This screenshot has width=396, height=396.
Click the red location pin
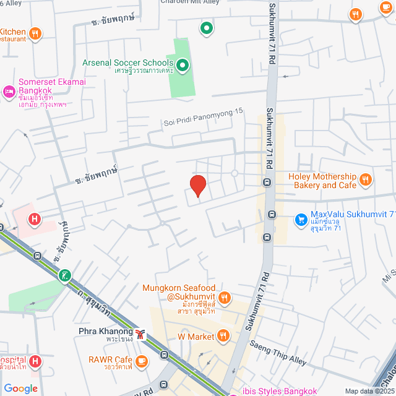point(197,186)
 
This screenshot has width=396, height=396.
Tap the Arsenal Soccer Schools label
point(128,62)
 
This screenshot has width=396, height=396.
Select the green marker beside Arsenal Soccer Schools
point(183,64)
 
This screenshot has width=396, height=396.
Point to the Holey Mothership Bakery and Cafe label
point(322,181)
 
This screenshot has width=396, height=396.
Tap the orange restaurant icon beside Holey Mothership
point(366,180)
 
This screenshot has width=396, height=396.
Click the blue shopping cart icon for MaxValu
point(301,218)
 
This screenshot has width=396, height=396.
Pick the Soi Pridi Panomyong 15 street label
point(204,121)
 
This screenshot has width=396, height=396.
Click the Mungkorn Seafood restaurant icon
point(225,298)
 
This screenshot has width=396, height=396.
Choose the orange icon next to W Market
point(223,336)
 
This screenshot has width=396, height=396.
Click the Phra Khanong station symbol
point(142,334)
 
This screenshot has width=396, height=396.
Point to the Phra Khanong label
point(106,331)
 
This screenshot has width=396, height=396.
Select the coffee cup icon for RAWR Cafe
point(142,360)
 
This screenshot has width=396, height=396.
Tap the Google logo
point(21,388)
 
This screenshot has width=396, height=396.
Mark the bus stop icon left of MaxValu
point(272,215)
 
